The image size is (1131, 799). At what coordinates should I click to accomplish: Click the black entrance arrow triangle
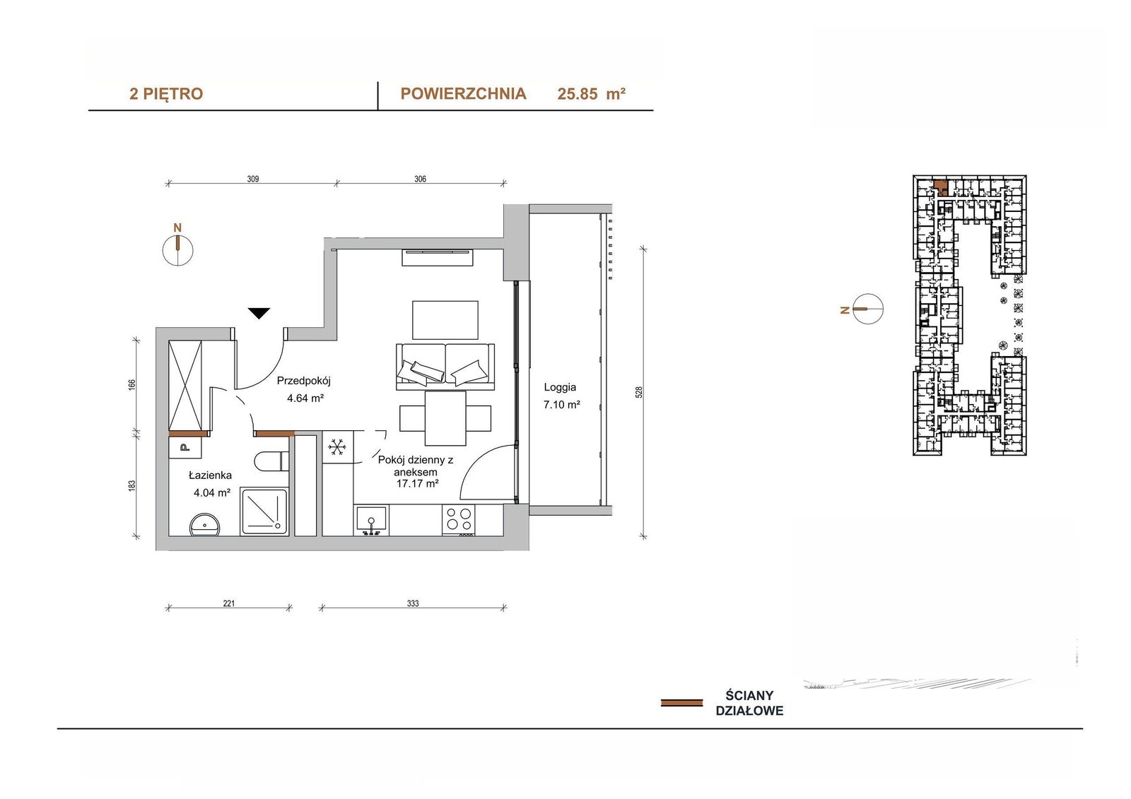(259, 313)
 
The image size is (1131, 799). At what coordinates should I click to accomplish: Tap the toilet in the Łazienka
(271, 461)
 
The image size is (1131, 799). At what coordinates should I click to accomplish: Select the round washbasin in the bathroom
(204, 525)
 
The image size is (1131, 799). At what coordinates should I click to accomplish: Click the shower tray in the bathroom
(264, 511)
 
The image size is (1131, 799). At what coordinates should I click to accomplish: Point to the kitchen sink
(372, 520)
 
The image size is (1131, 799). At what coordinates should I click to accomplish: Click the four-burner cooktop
(459, 520)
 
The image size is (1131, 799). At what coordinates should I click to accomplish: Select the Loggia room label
(560, 387)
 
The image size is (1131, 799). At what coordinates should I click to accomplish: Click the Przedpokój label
(303, 381)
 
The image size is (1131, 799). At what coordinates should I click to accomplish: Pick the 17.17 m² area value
(417, 483)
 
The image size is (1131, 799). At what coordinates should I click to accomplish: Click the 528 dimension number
(639, 392)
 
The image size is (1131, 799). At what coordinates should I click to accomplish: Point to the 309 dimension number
(253, 179)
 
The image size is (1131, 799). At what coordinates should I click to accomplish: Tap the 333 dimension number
(413, 603)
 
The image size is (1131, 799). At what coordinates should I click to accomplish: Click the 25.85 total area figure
(578, 94)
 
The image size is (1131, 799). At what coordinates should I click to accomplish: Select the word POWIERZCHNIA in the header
(463, 93)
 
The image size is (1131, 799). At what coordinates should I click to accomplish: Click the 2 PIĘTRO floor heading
(166, 93)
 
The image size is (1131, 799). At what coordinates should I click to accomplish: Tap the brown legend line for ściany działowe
(681, 703)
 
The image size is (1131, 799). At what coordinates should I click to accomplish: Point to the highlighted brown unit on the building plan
(940, 187)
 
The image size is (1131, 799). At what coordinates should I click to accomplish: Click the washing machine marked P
(184, 447)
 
